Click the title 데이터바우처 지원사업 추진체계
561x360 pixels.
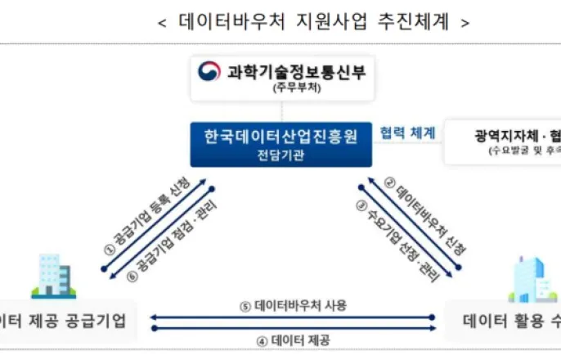(314, 22)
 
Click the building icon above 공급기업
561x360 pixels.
(53, 276)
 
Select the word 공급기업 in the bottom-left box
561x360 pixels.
(93, 319)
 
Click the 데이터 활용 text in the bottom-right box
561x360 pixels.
(501, 319)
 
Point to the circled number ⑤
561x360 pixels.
(245, 305)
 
